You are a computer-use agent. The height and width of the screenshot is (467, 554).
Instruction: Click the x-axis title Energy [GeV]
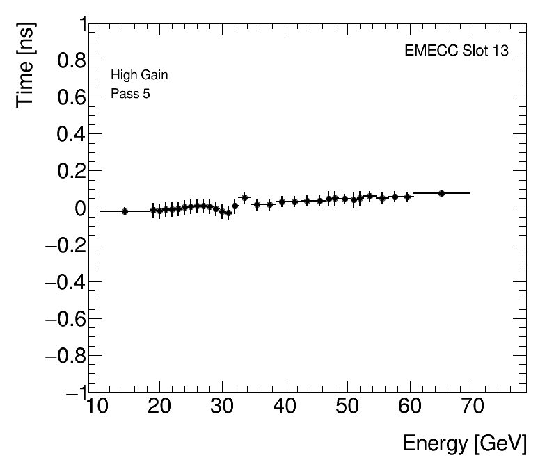(x=464, y=443)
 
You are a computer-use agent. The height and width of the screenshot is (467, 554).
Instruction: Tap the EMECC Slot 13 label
(x=457, y=51)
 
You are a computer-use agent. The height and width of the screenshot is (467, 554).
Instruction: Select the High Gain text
(x=139, y=75)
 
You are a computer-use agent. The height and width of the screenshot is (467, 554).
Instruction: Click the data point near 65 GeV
(x=441, y=193)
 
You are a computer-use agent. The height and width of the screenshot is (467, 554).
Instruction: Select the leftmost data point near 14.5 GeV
(x=125, y=211)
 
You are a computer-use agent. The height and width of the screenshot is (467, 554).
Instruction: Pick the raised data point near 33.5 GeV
(x=244, y=197)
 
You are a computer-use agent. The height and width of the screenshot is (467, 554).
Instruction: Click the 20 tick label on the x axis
(x=159, y=408)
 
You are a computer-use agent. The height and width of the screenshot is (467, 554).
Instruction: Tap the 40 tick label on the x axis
(x=285, y=408)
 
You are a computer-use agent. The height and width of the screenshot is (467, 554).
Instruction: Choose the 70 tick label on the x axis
(x=473, y=408)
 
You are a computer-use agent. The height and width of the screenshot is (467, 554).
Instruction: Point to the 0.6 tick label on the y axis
(x=70, y=98)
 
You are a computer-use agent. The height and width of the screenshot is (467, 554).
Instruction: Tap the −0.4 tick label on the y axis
(x=64, y=282)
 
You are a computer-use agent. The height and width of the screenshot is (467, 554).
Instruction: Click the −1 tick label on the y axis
(x=74, y=393)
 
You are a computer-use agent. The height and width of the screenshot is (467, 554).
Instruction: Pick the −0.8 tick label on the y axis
(x=64, y=356)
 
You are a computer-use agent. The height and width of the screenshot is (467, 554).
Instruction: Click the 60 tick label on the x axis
(x=410, y=408)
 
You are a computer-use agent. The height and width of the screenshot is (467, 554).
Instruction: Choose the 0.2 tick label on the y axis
(x=70, y=172)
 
